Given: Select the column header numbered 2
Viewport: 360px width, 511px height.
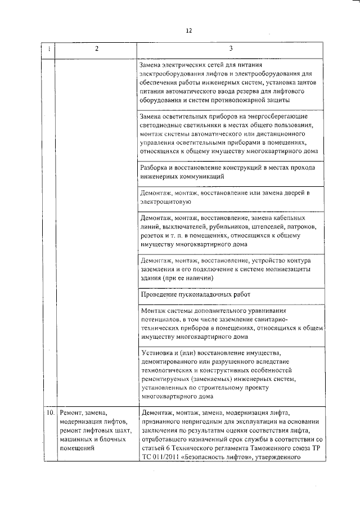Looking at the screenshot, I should pos(96,49).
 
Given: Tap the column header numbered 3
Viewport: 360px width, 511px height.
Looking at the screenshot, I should pos(231,49).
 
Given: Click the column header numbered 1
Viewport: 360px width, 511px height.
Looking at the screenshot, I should pos(49,49).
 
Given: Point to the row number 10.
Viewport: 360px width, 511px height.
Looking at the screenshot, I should pos(49,412).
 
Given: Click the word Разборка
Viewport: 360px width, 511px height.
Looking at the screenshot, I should pos(156,167).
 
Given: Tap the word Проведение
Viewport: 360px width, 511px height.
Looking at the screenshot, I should pos(160,294).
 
